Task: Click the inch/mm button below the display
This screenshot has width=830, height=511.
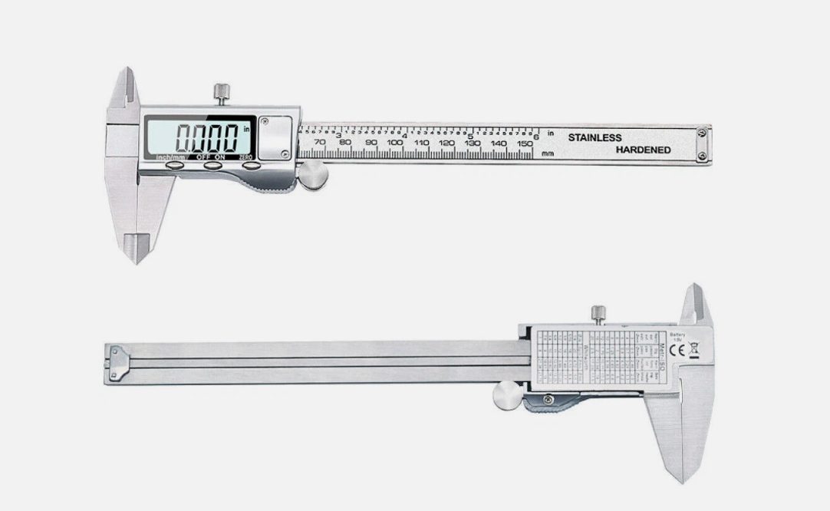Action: (x=174, y=163)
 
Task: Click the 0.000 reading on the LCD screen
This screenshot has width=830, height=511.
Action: (x=206, y=138)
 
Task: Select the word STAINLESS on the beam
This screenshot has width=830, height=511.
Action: (x=595, y=137)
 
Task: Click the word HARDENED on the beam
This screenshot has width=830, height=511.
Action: (x=643, y=150)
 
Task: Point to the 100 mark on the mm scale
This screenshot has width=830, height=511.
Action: (x=395, y=143)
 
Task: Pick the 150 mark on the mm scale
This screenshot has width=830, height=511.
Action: (x=525, y=143)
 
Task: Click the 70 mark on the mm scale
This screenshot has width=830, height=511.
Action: (x=319, y=143)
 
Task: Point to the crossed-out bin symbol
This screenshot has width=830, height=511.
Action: (x=694, y=350)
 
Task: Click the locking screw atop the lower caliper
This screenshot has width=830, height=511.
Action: (x=598, y=313)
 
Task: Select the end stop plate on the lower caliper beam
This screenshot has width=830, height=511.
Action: (x=116, y=362)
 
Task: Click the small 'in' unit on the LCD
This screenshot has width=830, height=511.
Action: (x=247, y=130)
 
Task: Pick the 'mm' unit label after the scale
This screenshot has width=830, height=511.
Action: (x=548, y=153)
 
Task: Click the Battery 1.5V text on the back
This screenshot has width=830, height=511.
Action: (x=677, y=337)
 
